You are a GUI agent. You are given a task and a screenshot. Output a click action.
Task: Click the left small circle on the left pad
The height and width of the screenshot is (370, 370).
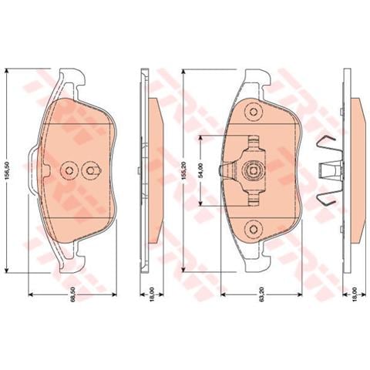pyautogui.click(x=68, y=171)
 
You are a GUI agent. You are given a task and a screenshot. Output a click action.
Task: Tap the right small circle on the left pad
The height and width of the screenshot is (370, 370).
pyautogui.click(x=91, y=171)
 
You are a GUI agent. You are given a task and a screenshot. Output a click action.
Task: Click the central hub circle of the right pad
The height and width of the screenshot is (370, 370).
pyautogui.click(x=251, y=171)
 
